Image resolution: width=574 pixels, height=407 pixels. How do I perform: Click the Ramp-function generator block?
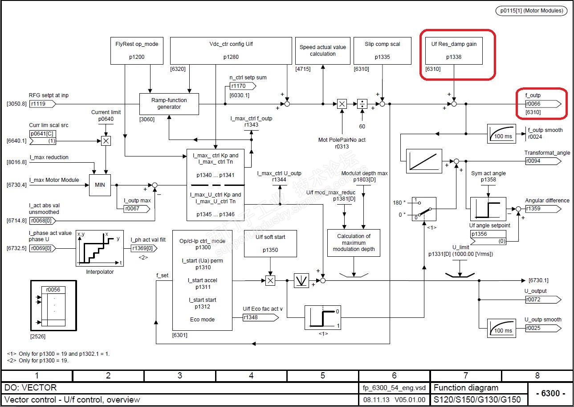click(169, 104)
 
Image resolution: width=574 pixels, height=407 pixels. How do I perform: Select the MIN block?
click(100, 185)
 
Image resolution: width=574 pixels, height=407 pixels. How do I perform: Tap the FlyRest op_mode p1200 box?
click(133, 50)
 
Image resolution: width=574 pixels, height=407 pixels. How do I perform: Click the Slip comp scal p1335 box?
click(382, 50)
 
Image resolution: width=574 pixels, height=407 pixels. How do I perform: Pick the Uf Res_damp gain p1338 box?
click(454, 50)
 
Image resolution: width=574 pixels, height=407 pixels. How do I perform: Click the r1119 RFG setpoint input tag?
click(43, 104)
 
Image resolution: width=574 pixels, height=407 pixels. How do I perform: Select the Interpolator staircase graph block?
click(99, 248)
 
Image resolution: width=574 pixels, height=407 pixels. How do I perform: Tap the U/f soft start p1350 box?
click(270, 243)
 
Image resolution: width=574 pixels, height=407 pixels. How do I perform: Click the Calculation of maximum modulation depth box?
click(354, 243)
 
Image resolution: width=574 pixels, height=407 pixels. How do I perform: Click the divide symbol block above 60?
click(362, 104)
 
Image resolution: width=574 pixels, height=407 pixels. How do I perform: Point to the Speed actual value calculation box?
click(322, 50)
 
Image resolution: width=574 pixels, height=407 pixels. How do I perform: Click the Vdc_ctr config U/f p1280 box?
click(231, 50)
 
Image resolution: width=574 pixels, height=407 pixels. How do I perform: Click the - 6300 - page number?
click(550, 394)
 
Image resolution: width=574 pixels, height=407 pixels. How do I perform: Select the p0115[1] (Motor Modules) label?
click(532, 11)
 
